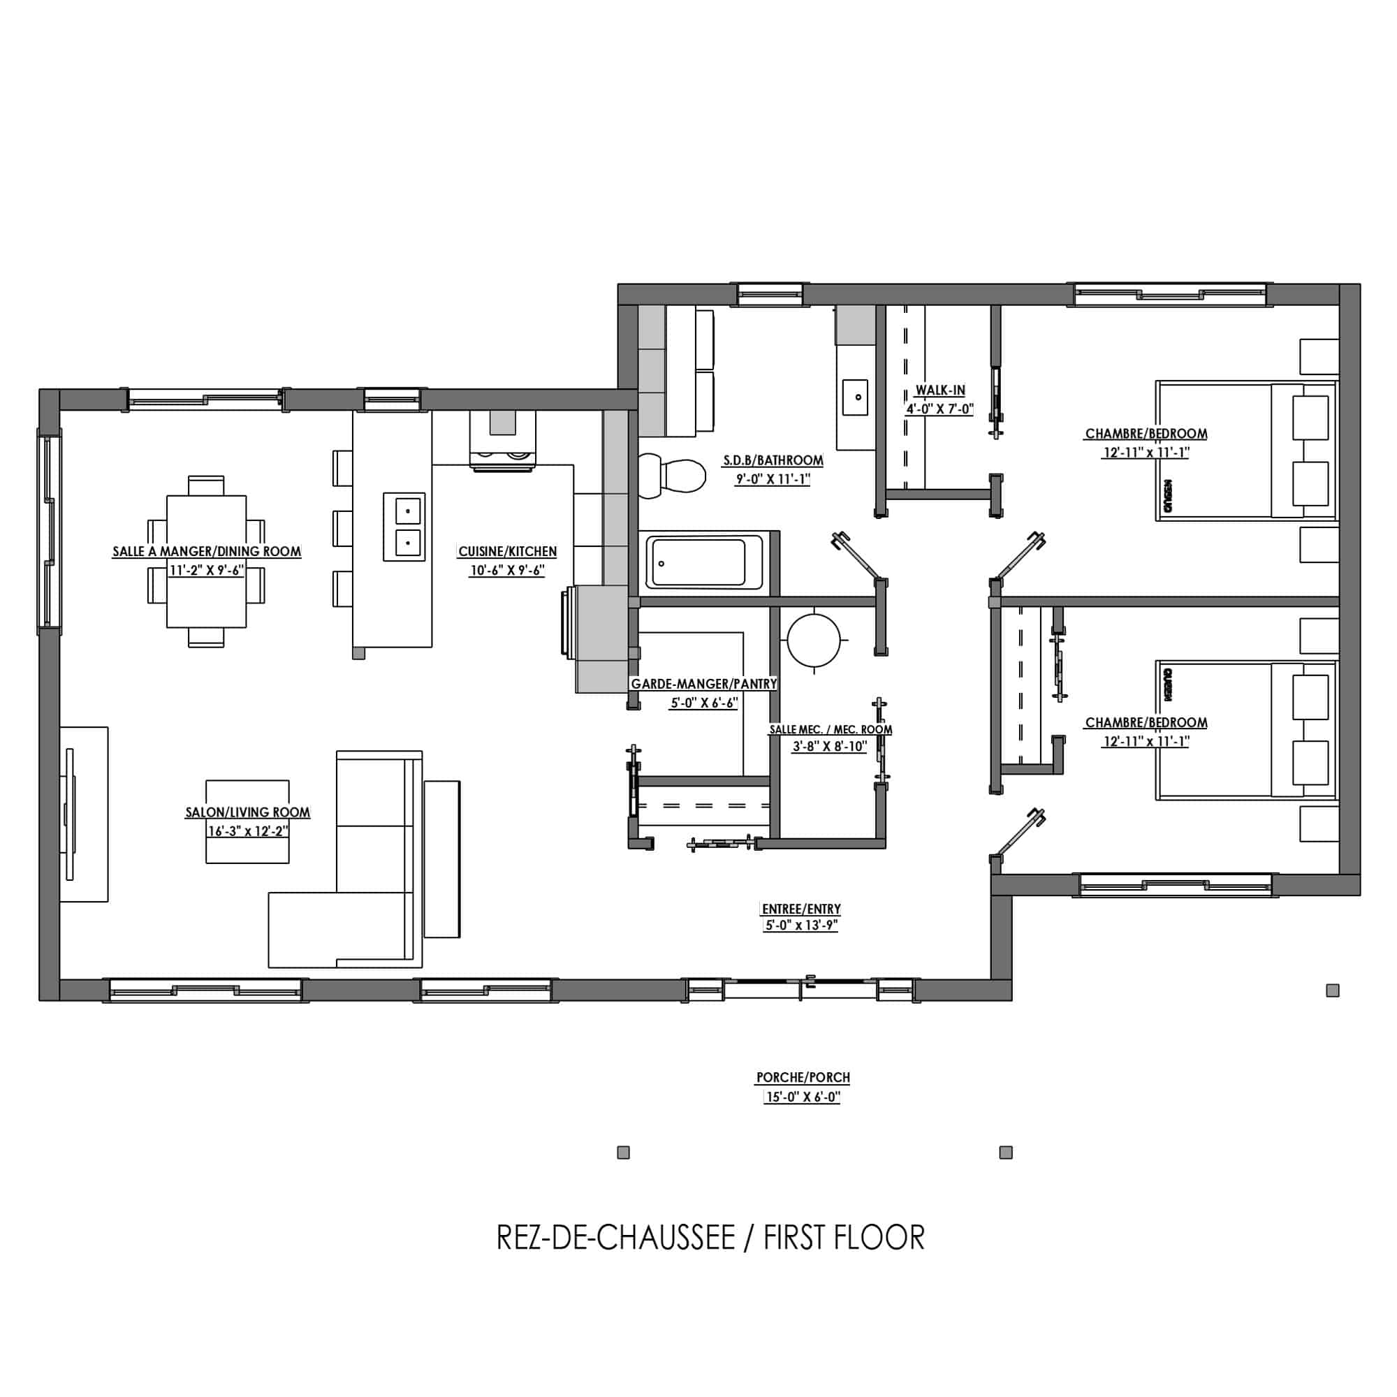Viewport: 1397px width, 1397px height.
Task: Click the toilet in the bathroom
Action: tap(672, 476)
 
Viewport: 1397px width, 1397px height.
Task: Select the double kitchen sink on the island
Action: tap(404, 527)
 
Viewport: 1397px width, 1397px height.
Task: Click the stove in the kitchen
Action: tap(503, 441)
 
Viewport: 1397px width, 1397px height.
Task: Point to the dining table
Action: tap(206, 561)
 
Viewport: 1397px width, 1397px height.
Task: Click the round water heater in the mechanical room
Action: tap(815, 640)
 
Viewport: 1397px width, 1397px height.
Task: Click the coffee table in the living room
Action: tap(247, 821)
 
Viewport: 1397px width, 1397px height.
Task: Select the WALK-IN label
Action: tap(940, 390)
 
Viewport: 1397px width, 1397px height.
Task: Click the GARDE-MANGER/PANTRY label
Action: tap(703, 684)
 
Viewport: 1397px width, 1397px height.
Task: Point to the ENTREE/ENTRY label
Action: tap(801, 909)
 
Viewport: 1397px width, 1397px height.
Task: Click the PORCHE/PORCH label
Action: tap(803, 1077)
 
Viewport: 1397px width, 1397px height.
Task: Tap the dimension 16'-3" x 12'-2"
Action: tap(248, 831)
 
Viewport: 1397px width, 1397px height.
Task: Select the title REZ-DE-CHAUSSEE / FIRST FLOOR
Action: tap(710, 1237)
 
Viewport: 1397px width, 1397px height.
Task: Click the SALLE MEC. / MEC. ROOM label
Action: tap(830, 730)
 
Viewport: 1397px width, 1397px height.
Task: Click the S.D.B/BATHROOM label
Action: tap(773, 460)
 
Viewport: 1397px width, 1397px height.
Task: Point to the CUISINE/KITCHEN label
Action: tap(508, 552)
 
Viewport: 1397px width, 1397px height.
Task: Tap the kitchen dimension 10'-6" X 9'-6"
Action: tap(508, 571)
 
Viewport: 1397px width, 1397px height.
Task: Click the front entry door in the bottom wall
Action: tap(800, 988)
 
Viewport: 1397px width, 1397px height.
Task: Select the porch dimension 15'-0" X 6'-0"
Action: tap(803, 1097)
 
